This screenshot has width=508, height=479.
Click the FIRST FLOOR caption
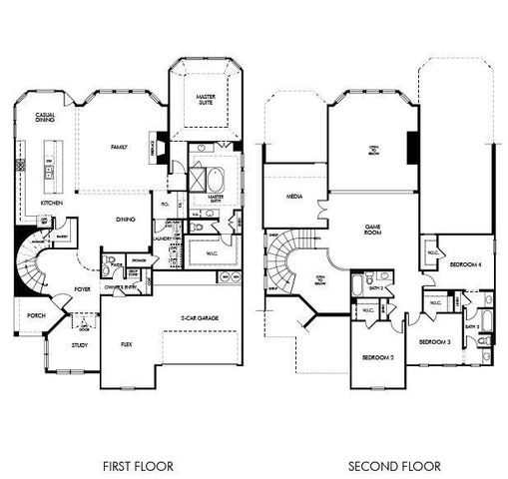139,466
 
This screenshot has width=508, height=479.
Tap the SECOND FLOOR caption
387,466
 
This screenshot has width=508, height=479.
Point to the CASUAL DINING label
45,118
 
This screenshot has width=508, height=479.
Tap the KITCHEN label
52,203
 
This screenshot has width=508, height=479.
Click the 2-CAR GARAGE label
199,318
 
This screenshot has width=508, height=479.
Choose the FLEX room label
127,343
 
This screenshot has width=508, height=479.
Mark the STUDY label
79,345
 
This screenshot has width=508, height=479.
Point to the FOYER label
82,289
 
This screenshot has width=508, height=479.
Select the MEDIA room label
294,197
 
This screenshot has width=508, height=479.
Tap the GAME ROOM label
372,231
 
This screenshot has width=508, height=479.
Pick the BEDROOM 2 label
374,356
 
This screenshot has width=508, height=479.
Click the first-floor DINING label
126,220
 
